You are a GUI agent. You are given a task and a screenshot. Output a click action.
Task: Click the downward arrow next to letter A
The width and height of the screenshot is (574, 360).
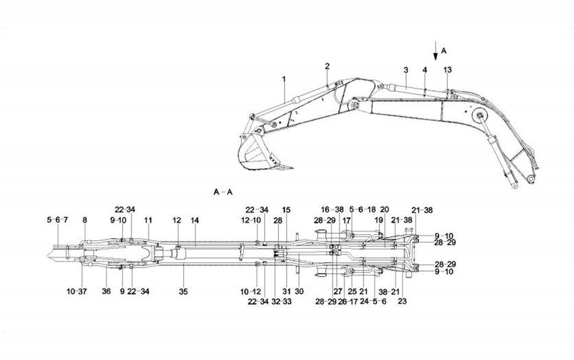435,50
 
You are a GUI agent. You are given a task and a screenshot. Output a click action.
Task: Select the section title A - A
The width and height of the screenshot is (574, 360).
224,192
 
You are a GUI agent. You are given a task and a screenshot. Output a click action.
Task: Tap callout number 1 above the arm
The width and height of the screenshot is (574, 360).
284,79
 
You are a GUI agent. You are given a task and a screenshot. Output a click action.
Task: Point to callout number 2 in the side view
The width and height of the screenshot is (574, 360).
327,66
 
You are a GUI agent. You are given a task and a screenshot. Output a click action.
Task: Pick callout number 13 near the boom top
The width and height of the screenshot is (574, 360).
447,70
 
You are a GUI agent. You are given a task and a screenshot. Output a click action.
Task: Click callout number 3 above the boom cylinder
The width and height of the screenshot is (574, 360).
406,70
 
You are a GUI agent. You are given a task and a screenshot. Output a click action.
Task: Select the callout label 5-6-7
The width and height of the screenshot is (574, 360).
57,220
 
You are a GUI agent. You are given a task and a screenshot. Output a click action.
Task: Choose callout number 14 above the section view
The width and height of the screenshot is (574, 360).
195,220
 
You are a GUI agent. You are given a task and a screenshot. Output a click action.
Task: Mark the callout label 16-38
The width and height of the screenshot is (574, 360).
332,209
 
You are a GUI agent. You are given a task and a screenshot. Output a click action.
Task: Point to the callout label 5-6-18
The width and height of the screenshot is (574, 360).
362,209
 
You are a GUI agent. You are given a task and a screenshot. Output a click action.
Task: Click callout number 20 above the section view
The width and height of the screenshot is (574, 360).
384,209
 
